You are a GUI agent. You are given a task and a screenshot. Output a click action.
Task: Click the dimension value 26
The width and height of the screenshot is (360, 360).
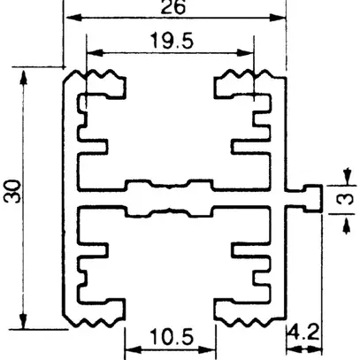point(174,7)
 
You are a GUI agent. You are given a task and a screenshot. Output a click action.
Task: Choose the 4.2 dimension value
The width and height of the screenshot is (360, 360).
point(301,334)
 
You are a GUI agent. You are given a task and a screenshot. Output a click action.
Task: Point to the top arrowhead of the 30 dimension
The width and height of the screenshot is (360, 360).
point(24,74)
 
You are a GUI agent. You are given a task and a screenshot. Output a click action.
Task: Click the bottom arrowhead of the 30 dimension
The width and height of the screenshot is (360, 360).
point(24,318)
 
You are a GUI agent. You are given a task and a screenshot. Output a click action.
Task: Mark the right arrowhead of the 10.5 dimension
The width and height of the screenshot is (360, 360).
point(210,348)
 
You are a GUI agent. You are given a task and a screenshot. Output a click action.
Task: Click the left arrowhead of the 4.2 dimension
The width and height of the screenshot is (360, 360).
point(289,348)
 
